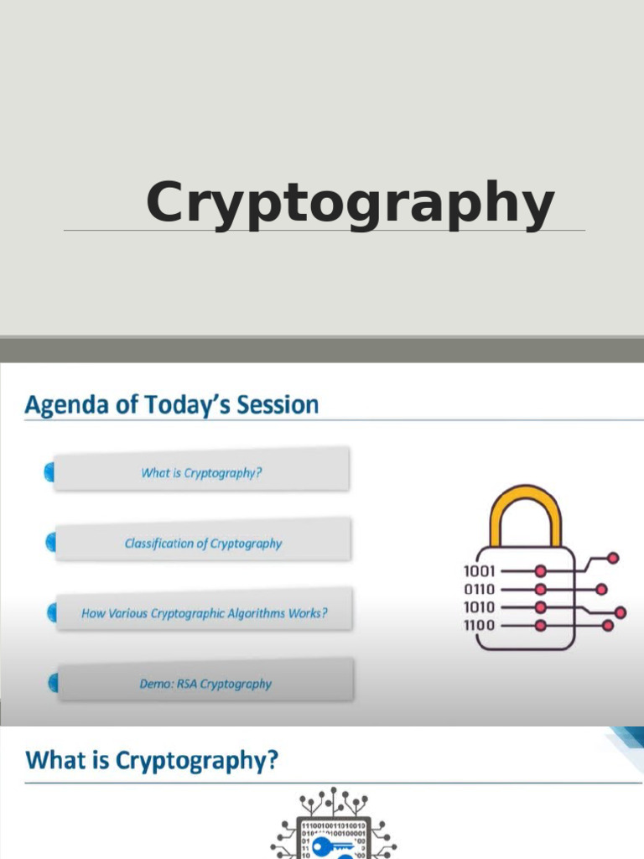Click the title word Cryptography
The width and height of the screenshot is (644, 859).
tap(350, 204)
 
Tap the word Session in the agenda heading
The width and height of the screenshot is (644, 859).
tap(277, 405)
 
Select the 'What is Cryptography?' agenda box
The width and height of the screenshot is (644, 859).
tap(201, 472)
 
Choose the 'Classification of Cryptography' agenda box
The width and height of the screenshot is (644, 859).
tap(203, 543)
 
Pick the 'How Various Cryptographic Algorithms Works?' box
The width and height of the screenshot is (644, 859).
tap(204, 613)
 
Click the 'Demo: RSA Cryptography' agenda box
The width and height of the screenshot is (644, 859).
tap(205, 684)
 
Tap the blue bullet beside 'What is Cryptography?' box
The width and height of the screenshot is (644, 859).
tap(49, 473)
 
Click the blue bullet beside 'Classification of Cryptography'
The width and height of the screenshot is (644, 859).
tap(50, 543)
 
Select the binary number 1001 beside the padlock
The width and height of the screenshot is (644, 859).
tap(479, 571)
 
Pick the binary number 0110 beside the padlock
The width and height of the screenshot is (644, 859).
tap(479, 589)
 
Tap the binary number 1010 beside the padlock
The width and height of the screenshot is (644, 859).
tap(479, 607)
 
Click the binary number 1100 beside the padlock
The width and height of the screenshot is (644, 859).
tap(479, 625)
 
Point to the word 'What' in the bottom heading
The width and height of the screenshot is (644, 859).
tap(54, 761)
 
